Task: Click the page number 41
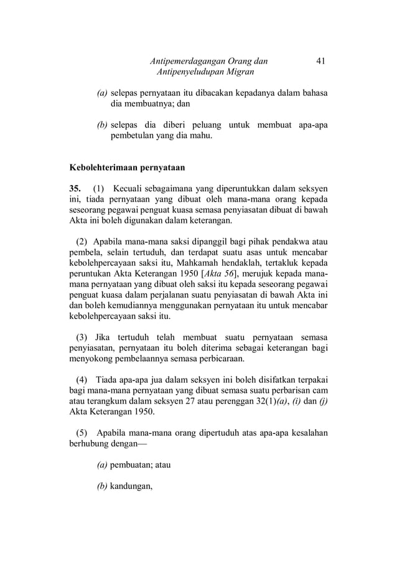click(x=321, y=61)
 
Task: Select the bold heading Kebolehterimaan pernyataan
click(x=123, y=167)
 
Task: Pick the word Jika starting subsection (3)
click(x=102, y=337)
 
